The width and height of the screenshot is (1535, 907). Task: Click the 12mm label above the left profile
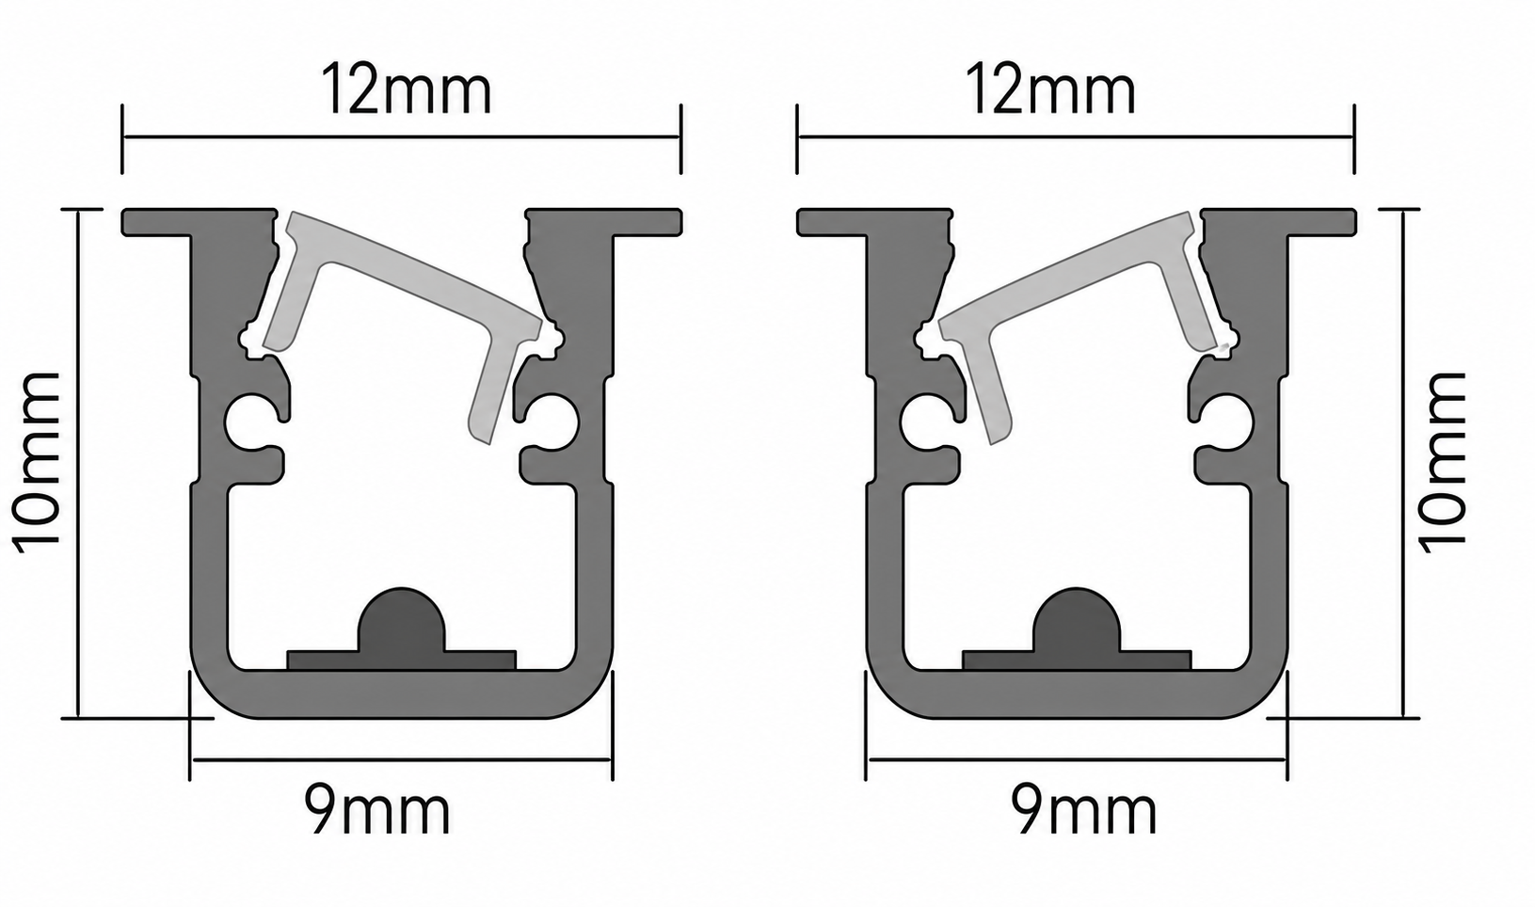point(407,89)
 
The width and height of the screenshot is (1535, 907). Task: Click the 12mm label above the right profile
point(1049,89)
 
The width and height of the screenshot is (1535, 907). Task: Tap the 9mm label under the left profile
point(376,809)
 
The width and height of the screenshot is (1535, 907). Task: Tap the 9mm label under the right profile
point(1083,809)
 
